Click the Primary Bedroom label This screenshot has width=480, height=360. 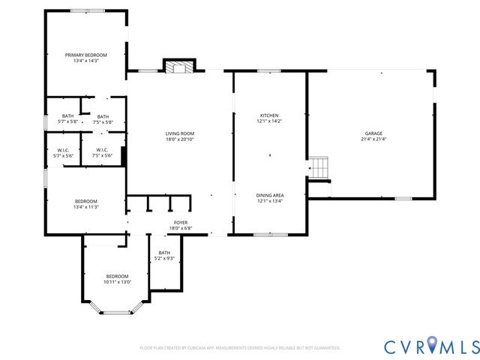86,55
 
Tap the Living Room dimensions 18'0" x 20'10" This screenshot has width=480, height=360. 180,139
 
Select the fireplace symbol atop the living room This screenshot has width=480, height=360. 180,67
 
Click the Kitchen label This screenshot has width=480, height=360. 269,115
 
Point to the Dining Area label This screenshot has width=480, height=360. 269,195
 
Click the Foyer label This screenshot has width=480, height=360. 181,222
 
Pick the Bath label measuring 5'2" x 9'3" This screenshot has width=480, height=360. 164,253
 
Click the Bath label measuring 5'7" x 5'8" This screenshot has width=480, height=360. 68,116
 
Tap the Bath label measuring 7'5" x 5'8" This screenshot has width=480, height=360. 103,116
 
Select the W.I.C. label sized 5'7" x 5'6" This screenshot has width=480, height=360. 63,149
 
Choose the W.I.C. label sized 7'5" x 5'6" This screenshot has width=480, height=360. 103,149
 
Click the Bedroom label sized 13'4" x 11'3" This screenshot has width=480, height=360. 86,201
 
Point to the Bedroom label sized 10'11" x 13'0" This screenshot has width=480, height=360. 117,276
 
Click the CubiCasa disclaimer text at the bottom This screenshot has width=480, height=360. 240,348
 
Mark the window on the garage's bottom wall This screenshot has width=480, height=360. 403,199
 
